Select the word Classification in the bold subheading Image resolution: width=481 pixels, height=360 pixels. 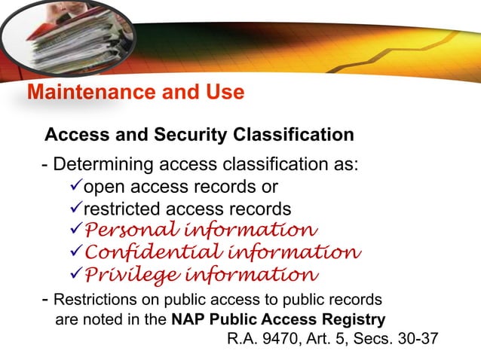[x=294, y=135]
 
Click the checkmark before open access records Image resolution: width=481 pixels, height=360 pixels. [x=75, y=186]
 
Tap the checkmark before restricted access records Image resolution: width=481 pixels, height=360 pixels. [x=75, y=208]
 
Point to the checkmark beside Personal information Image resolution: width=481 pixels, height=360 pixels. [x=75, y=230]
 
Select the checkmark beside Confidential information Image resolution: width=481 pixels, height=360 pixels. [x=75, y=252]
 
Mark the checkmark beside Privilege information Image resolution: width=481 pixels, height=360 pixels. [x=75, y=273]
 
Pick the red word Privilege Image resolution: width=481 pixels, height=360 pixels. [x=120, y=273]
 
